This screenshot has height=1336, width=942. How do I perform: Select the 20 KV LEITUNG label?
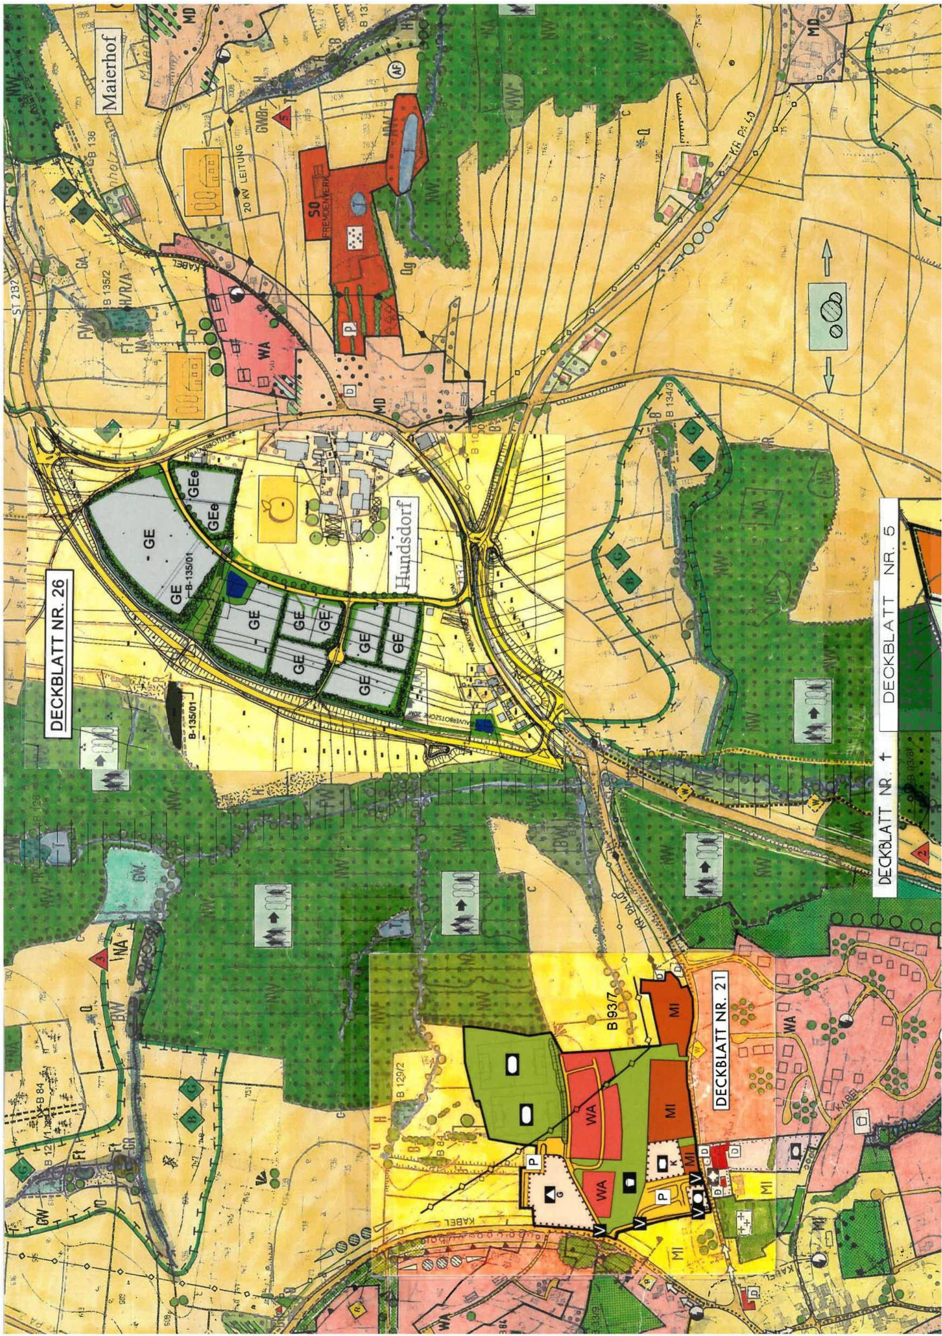tap(247, 183)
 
